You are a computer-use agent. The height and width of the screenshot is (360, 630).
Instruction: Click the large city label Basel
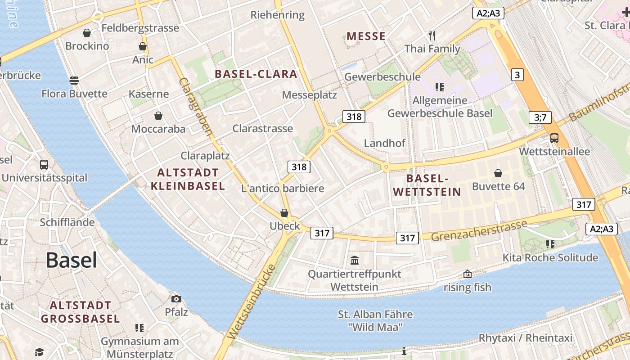click(x=72, y=260)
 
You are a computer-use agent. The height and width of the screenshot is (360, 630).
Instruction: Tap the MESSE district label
click(x=366, y=36)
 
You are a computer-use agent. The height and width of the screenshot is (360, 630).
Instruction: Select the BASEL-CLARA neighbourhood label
click(x=256, y=74)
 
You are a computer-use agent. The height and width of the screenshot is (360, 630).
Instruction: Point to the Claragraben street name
click(x=196, y=107)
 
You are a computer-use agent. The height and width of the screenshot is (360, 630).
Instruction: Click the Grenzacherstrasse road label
click(x=479, y=230)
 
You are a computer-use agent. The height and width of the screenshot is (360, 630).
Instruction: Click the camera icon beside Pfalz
click(x=176, y=299)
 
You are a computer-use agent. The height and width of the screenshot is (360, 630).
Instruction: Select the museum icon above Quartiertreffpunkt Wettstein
click(x=355, y=260)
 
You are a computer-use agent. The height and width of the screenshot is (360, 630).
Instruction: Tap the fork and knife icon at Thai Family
click(x=432, y=36)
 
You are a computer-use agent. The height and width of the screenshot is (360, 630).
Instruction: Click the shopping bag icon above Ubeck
click(x=284, y=213)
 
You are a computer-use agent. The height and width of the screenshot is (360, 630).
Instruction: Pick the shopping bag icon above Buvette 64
click(x=498, y=173)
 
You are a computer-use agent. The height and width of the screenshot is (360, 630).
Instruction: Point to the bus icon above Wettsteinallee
click(x=554, y=138)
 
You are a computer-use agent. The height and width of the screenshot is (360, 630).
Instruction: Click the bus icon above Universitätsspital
click(x=44, y=165)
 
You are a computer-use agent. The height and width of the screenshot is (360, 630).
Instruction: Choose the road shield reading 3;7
click(x=540, y=118)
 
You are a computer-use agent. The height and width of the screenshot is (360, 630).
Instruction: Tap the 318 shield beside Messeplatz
click(x=354, y=117)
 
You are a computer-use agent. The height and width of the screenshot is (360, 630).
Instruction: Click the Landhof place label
click(x=385, y=143)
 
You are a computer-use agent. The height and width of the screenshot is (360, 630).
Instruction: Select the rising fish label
click(x=468, y=287)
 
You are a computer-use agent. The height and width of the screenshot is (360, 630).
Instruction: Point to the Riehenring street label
click(x=278, y=15)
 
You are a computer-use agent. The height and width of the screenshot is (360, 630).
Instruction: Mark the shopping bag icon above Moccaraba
click(x=158, y=116)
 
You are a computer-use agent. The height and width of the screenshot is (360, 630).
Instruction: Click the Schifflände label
click(x=67, y=222)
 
